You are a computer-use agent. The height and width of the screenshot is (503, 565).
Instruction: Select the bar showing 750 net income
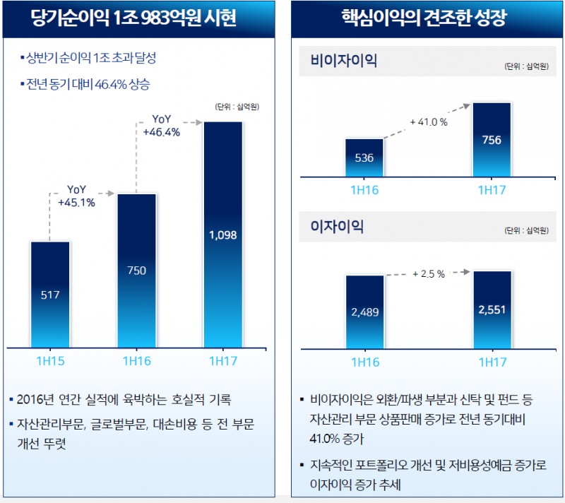pyautogui.click(x=136, y=270)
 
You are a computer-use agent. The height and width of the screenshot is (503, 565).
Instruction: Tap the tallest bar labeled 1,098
pyautogui.click(x=222, y=235)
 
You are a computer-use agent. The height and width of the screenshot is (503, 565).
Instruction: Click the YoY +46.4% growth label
pyautogui.click(x=162, y=125)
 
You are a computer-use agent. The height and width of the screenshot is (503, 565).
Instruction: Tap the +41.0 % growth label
pyautogui.click(x=429, y=122)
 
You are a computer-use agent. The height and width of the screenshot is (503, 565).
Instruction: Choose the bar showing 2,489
pyautogui.click(x=364, y=311)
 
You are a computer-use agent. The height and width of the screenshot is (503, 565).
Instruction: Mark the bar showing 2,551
pyautogui.click(x=492, y=309)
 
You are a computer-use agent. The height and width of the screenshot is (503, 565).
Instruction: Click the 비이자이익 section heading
pyautogui.click(x=344, y=61)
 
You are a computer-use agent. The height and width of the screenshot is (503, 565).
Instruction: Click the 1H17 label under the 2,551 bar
pyautogui.click(x=492, y=362)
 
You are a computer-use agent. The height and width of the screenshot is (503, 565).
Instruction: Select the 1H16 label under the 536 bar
pyautogui.click(x=364, y=190)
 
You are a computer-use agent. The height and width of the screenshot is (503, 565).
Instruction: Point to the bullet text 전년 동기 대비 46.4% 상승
pyautogui.click(x=89, y=84)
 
